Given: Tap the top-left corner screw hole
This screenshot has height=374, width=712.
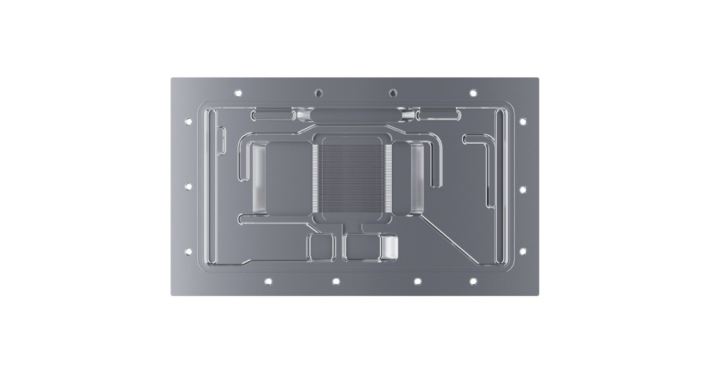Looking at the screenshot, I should (x=239, y=93).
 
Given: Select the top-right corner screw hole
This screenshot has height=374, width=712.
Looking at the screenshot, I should (x=473, y=93).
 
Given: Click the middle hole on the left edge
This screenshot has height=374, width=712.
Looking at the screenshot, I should (x=188, y=186).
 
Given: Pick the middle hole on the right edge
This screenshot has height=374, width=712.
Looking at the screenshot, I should (x=523, y=189).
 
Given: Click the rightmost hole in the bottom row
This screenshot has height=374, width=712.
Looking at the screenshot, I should (x=473, y=281).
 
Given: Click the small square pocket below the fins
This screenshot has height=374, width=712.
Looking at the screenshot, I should (x=320, y=246).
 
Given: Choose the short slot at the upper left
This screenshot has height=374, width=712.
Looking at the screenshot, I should (x=272, y=113).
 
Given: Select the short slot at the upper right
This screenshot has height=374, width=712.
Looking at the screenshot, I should (x=438, y=113).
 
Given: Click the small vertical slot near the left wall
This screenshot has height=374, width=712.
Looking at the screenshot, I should (x=221, y=142).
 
